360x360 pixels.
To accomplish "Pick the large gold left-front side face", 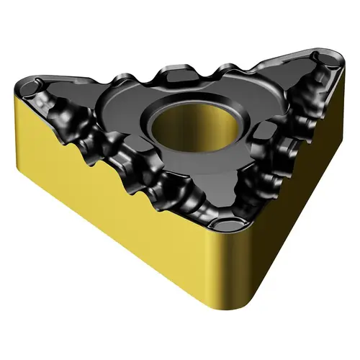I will tap(122, 209).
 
